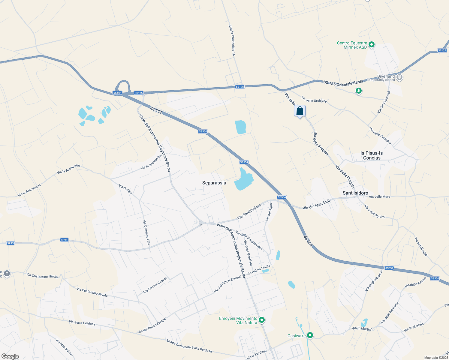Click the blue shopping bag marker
point(300,111)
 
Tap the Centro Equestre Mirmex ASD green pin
point(372,45)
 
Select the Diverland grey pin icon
point(399,77)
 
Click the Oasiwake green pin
point(310,335)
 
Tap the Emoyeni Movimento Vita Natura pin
point(262,320)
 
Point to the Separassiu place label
point(214,183)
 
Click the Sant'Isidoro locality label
point(355,193)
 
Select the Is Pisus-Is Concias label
point(372,155)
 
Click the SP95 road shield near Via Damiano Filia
point(64,240)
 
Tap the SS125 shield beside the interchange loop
point(139,93)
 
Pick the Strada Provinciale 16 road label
point(232,40)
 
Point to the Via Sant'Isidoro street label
point(249,212)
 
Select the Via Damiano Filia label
point(146,232)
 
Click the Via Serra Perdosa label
point(82,323)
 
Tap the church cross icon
point(7,273)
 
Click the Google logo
point(10,356)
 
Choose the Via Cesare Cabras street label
point(155,285)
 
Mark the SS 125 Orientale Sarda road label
point(343,83)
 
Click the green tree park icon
point(358,91)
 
